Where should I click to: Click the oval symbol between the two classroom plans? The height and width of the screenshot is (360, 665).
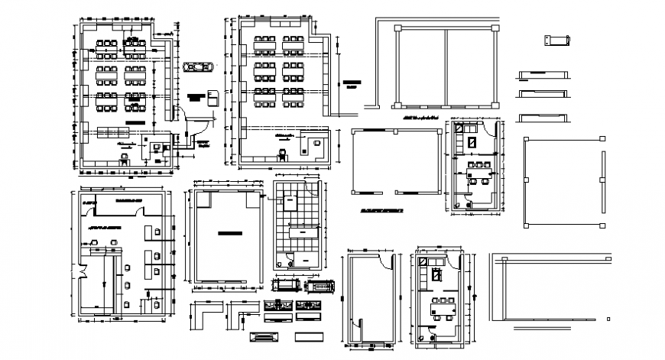click(197, 68)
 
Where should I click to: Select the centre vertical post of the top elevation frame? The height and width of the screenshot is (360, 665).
click(446, 66)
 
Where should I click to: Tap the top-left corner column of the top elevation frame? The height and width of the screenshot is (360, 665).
click(397, 28)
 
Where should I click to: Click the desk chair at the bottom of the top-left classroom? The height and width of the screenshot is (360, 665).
click(123, 158)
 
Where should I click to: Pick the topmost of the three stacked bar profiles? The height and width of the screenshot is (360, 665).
click(542, 73)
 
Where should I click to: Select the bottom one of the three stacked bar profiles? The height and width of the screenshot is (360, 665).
click(542, 117)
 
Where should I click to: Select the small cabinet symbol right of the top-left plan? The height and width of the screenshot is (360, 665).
click(212, 97)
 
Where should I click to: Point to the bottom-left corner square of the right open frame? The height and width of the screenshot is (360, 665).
click(526, 225)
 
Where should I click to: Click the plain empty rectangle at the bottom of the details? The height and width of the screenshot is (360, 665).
click(310, 337)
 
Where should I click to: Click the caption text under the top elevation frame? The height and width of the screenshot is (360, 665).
click(419, 118)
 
